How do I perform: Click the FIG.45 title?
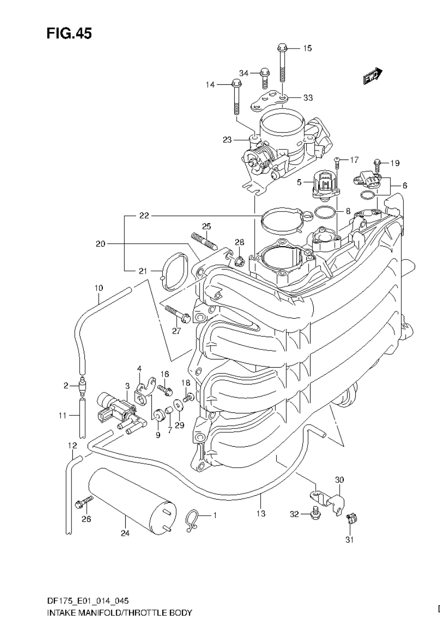point(69,33)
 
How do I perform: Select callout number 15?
point(307,48)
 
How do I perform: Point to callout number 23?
point(227,140)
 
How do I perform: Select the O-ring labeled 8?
point(324,211)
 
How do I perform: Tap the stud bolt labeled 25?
point(204,241)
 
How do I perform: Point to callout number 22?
point(144,216)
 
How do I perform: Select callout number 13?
point(260,513)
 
